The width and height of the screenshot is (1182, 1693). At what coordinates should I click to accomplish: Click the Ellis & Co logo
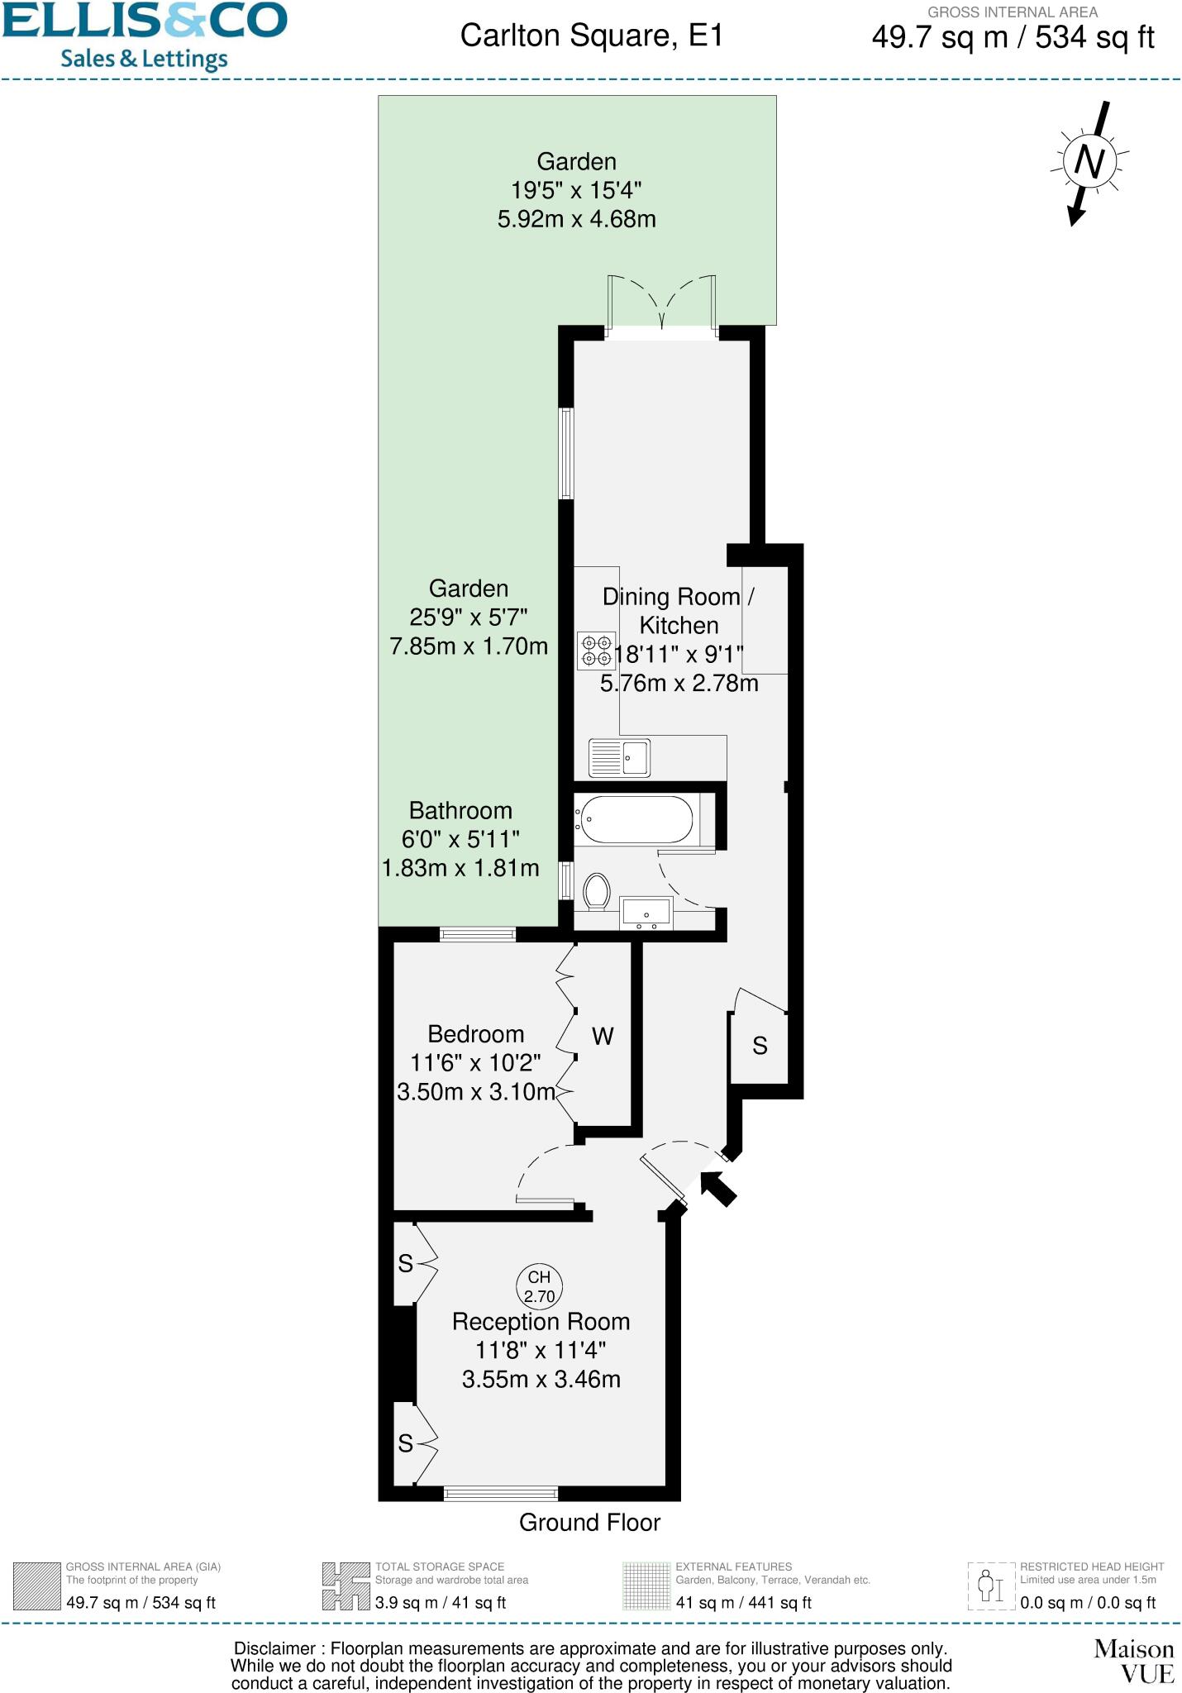[x=145, y=36]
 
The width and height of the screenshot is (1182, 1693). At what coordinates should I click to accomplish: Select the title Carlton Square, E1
[x=591, y=36]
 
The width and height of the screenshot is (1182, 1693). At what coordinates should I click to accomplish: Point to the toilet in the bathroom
[x=597, y=892]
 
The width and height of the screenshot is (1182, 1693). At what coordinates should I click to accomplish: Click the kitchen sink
[x=620, y=757]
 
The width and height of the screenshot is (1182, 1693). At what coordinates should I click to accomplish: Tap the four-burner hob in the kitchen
[x=596, y=651]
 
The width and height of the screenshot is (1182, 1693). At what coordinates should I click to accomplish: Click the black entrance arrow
[x=717, y=1189]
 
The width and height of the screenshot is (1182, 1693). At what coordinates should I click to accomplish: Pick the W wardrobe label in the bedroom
[x=603, y=1036]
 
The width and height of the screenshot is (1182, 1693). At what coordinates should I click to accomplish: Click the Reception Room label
[x=541, y=1322]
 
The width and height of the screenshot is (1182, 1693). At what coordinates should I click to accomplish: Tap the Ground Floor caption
[x=589, y=1523]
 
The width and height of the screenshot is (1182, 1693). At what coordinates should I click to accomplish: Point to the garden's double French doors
[x=662, y=304]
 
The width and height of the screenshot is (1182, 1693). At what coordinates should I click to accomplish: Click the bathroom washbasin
[x=646, y=913]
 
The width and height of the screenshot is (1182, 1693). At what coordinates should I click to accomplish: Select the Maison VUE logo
[x=1133, y=1662]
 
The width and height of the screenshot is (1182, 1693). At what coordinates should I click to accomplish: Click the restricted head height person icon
[x=990, y=1586]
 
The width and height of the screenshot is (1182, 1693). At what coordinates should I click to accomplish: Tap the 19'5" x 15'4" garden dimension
[x=576, y=190]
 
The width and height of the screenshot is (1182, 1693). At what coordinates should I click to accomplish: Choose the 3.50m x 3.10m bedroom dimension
[x=475, y=1092]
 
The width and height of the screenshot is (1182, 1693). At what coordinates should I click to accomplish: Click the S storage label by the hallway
[x=760, y=1047]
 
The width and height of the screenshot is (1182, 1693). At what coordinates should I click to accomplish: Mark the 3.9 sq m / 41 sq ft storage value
[x=441, y=1603]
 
